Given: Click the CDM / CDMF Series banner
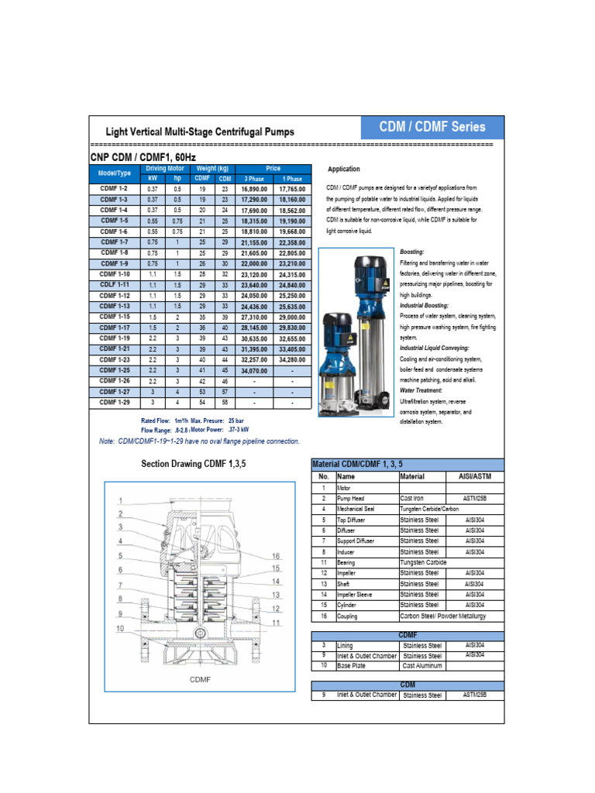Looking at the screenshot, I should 432,127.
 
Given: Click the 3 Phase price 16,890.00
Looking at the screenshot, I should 255,188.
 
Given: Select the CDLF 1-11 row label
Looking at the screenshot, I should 114,285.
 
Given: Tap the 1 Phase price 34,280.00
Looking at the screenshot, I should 291,360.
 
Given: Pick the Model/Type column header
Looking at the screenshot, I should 115,173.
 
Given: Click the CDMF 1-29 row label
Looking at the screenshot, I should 114,403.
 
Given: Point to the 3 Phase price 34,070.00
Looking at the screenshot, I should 255,371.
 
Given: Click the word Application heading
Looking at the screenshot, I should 343,169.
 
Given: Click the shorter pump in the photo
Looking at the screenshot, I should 338,360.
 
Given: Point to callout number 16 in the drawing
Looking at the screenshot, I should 276,557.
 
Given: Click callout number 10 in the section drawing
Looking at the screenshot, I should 120,628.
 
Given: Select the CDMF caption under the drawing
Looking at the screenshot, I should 200,680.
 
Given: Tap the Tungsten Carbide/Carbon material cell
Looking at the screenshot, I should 440,509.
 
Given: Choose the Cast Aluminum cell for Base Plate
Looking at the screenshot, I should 422,665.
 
